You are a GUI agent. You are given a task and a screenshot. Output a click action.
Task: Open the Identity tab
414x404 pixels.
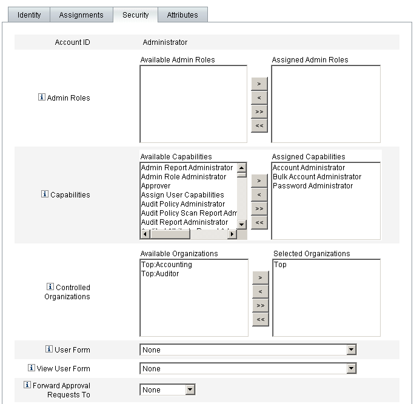click(29, 15)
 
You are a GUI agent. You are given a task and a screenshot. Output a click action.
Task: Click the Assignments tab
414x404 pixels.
click(81, 15)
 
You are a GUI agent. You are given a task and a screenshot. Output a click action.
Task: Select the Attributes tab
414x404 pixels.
click(182, 15)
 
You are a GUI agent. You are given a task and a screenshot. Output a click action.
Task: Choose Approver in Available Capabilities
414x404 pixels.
click(156, 186)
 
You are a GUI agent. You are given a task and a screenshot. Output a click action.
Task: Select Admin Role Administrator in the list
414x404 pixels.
click(183, 177)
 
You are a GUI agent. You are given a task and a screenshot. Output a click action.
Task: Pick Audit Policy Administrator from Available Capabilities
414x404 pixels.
click(182, 204)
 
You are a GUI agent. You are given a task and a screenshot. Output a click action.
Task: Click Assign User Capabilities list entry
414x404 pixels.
click(182, 195)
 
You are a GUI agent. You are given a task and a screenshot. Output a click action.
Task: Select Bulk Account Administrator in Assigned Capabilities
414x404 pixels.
click(316, 177)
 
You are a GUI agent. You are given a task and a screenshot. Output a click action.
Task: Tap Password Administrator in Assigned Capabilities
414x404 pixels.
click(312, 186)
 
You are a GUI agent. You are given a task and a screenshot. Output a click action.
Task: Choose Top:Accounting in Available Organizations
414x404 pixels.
click(166, 265)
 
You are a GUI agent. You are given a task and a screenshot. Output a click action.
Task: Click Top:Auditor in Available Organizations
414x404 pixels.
click(160, 274)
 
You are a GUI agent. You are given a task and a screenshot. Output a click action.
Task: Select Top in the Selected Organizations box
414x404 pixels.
click(280, 265)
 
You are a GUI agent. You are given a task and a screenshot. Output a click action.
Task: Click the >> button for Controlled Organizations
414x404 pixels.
click(259, 305)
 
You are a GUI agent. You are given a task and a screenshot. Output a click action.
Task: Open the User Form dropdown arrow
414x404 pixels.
click(350, 349)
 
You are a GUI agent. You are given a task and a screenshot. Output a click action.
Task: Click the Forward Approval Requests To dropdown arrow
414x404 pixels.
click(190, 390)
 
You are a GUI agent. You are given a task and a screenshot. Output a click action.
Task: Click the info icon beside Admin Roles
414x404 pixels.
click(42, 97)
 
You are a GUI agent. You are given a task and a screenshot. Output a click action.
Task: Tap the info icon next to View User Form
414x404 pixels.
click(32, 368)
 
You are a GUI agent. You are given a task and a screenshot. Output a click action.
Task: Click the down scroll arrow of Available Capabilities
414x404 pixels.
click(241, 224)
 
